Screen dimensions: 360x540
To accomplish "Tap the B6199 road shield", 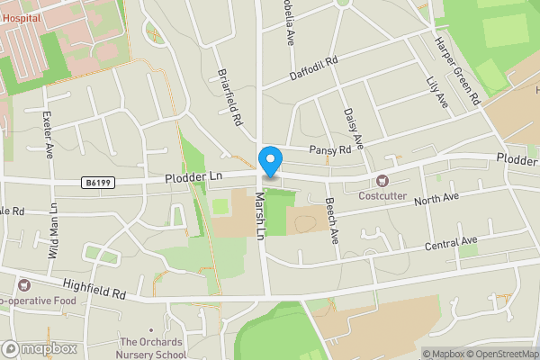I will (99, 183).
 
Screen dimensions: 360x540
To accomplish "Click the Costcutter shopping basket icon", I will (382, 181).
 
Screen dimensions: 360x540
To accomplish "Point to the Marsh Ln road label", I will (260, 216).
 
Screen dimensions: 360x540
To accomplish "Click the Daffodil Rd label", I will (313, 68).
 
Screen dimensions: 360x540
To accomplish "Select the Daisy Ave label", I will (352, 129).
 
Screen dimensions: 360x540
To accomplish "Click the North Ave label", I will (437, 197).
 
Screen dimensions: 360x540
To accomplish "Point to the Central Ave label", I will (453, 243).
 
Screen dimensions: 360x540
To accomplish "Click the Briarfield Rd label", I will (230, 96).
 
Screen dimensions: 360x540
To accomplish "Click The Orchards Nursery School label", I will (153, 348).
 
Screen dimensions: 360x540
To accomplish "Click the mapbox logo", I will (40, 349).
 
